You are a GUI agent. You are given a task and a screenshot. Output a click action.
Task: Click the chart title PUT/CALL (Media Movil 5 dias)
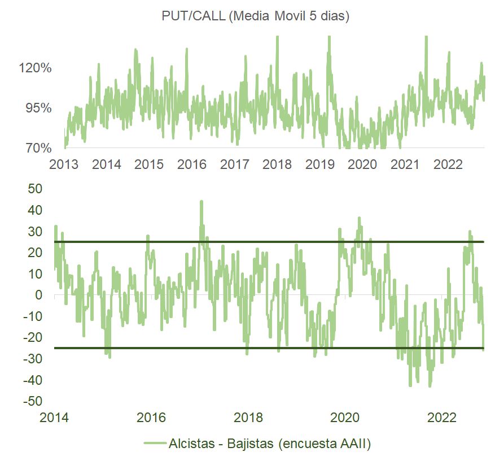click(256, 16)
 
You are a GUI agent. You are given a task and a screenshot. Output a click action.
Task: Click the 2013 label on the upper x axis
click(64, 164)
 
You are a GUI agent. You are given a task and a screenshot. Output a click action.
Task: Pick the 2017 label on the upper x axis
click(235, 164)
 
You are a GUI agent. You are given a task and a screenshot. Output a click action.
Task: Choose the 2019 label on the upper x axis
click(320, 164)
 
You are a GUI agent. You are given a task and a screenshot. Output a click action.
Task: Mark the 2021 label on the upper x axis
click(405, 164)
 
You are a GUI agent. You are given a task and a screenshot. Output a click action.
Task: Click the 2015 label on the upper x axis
click(149, 164)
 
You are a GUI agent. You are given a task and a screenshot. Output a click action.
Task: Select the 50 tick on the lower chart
click(36, 189)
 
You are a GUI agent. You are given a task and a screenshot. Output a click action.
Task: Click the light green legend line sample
click(155, 443)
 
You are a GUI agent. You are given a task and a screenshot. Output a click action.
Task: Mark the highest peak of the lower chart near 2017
click(201, 201)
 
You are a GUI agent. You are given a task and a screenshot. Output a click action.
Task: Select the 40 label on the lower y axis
click(36, 210)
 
